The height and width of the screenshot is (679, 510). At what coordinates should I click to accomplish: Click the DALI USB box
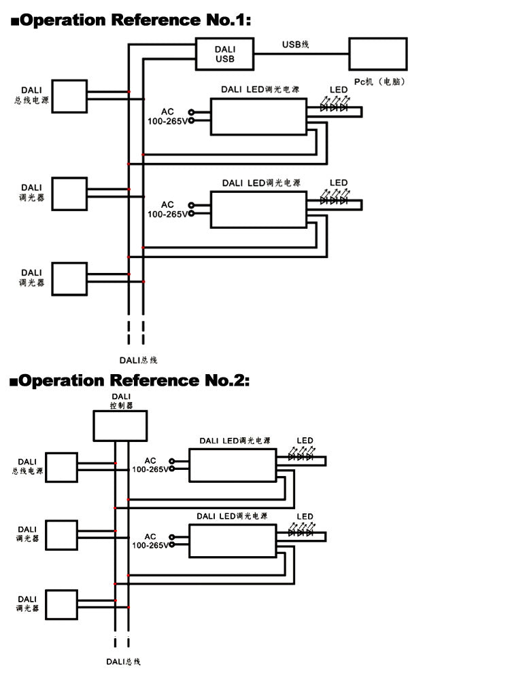click(224, 54)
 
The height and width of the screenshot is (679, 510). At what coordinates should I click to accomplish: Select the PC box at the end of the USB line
click(377, 54)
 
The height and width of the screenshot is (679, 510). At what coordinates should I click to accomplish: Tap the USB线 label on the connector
click(296, 45)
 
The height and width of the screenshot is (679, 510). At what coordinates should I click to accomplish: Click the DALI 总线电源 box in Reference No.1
click(70, 96)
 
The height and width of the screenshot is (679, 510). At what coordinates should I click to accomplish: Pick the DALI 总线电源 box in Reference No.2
click(61, 467)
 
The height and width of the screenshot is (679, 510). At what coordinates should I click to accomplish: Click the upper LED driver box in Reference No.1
click(258, 117)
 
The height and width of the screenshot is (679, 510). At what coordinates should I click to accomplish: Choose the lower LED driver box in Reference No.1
click(258, 209)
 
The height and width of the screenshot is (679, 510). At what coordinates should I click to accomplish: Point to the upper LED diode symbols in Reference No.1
click(334, 107)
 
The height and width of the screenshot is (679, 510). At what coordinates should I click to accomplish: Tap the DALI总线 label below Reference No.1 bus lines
click(138, 360)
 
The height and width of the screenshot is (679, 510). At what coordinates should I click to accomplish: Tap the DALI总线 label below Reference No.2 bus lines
click(123, 661)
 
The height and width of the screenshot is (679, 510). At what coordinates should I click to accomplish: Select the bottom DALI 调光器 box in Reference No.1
click(70, 278)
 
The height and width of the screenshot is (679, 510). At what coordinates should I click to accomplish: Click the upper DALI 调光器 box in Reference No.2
click(61, 535)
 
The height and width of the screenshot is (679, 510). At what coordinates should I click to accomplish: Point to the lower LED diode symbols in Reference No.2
click(300, 533)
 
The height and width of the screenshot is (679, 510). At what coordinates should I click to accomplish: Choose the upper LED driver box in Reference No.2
click(233, 465)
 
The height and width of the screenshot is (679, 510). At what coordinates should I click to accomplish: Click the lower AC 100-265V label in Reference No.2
click(150, 540)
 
